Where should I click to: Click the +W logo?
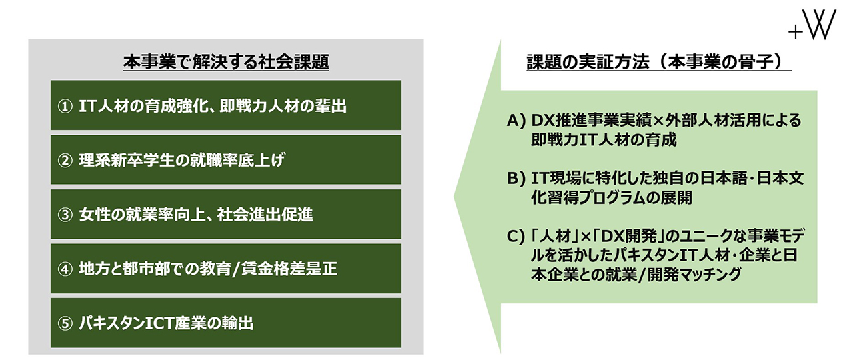pyautogui.click(x=812, y=25)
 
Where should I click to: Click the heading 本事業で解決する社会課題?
pyautogui.click(x=226, y=62)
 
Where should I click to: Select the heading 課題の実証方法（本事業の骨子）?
pyautogui.click(x=659, y=62)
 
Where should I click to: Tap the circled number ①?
pyautogui.click(x=65, y=106)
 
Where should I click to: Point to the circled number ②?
pyautogui.click(x=65, y=161)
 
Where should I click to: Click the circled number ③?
pyautogui.click(x=65, y=215)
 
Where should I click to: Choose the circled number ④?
pyautogui.click(x=65, y=269)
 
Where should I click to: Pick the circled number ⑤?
pyautogui.click(x=65, y=324)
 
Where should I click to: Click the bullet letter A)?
pyautogui.click(x=516, y=121)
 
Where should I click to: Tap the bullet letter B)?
pyautogui.click(x=516, y=179)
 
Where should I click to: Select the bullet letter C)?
pyautogui.click(x=516, y=237)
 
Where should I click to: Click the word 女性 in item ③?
pyautogui.click(x=95, y=215)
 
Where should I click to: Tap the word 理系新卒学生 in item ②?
pyautogui.click(x=127, y=161)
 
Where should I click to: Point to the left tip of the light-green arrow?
pyautogui.click(x=454, y=197)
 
